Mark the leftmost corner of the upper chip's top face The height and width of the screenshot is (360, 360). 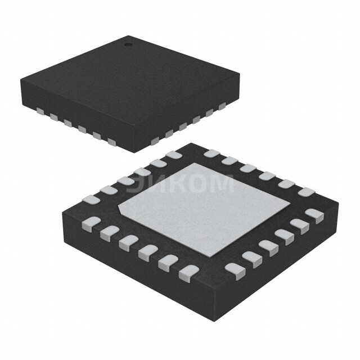[20, 79]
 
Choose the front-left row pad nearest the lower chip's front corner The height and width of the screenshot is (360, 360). [186, 274]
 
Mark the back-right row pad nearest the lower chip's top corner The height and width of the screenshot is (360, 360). [210, 153]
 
